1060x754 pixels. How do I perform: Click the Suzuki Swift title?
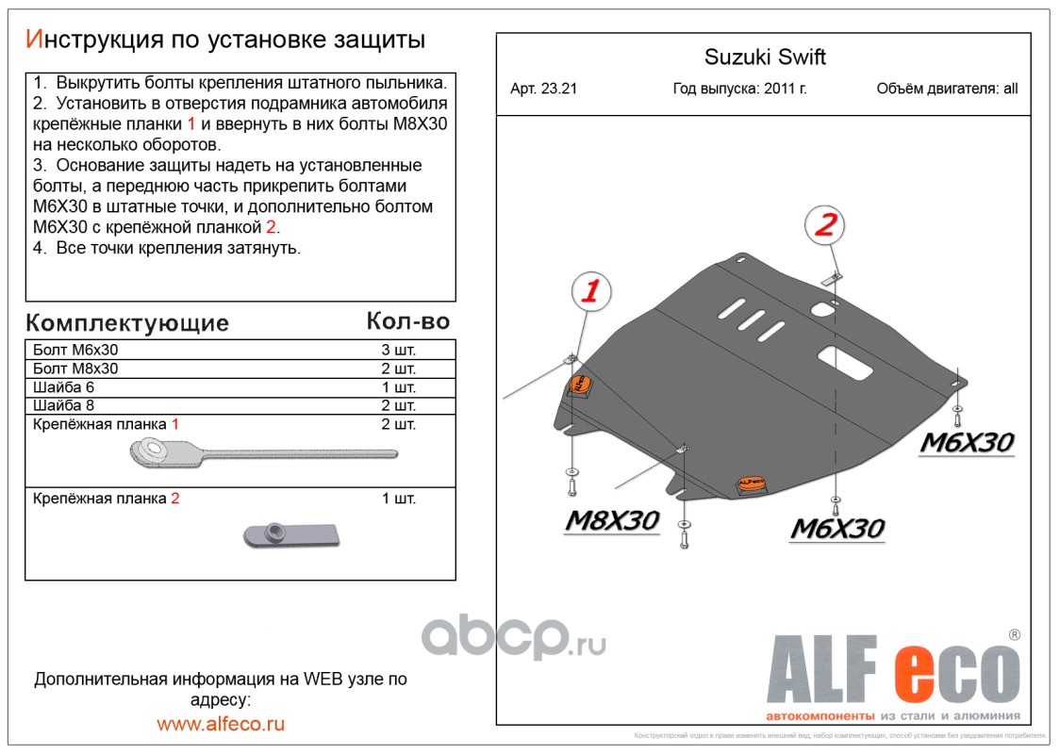[765, 57]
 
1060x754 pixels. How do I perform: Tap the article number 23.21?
[543, 90]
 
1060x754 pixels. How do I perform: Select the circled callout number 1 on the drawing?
[590, 291]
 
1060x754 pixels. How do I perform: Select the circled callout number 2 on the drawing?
[825, 225]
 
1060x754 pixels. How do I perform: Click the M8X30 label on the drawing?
[611, 520]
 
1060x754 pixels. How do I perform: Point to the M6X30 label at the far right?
[967, 443]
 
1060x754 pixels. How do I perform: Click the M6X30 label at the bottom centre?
[836, 529]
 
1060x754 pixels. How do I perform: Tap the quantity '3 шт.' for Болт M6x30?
[398, 350]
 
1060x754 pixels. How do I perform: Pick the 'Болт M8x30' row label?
[75, 369]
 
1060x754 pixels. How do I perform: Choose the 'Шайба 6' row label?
[63, 387]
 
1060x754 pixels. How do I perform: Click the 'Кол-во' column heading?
[407, 321]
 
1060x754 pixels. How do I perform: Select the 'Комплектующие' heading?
[127, 323]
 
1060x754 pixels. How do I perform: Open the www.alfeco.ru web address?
[221, 724]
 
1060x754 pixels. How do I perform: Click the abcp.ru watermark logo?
[513, 638]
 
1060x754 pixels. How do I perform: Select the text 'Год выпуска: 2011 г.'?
[739, 90]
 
